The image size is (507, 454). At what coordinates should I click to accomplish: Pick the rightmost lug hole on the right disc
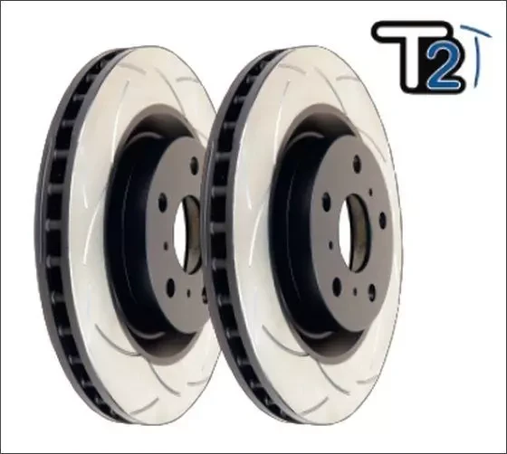(x=384, y=216)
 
